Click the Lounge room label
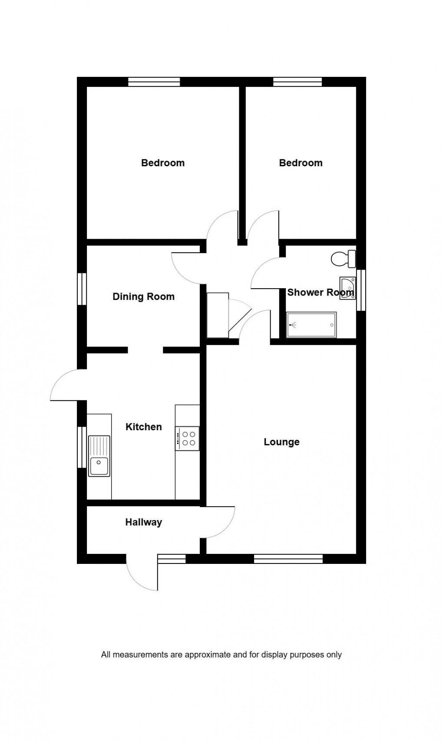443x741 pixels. click(281, 442)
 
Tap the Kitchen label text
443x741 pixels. click(143, 427)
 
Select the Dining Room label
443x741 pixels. click(143, 296)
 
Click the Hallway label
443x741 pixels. click(143, 522)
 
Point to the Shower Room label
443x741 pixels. click(320, 292)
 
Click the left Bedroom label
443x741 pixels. click(163, 163)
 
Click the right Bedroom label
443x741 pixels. click(301, 163)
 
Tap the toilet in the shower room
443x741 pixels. click(343, 259)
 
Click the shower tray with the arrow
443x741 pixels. click(311, 324)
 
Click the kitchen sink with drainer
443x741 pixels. click(99, 456)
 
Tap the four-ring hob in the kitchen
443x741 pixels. click(187, 438)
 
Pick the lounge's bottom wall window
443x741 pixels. click(288, 559)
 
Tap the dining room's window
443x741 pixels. click(82, 289)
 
